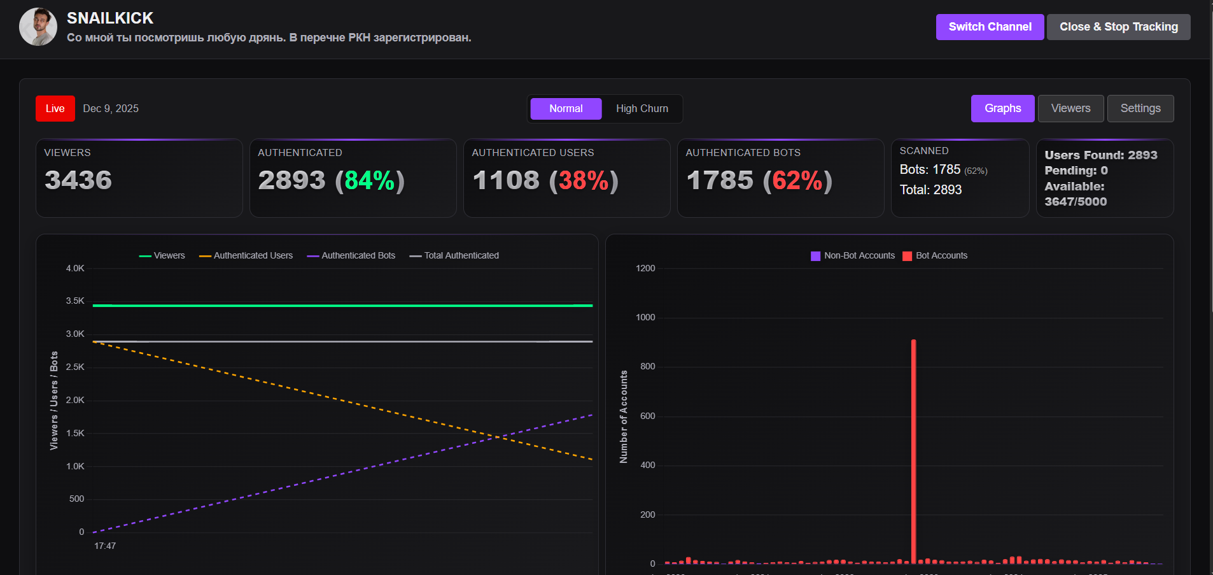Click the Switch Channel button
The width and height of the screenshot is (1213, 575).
tap(990, 27)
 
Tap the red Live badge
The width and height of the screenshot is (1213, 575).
tap(55, 109)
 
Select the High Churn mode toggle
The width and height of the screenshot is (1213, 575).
tap(642, 109)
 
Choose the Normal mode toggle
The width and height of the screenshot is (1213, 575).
tap(566, 109)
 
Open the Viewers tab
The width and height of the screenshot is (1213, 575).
tap(1070, 108)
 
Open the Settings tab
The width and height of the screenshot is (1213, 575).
tap(1140, 108)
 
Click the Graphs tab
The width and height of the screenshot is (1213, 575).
tap(1002, 108)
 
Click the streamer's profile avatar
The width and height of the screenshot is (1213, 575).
tap(38, 27)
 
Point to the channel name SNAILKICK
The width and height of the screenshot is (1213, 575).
tap(110, 18)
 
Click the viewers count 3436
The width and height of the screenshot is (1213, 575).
tap(78, 180)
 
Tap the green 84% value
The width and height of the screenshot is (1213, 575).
tap(369, 181)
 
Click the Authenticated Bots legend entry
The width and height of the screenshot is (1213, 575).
tap(351, 255)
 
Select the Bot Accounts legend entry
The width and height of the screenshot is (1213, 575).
tap(935, 255)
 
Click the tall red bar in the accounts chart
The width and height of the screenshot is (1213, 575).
tap(913, 446)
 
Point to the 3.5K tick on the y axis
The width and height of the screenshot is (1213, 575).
tap(75, 301)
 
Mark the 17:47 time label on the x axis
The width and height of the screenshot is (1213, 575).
tap(105, 546)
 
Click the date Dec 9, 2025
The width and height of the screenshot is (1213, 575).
tap(111, 109)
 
